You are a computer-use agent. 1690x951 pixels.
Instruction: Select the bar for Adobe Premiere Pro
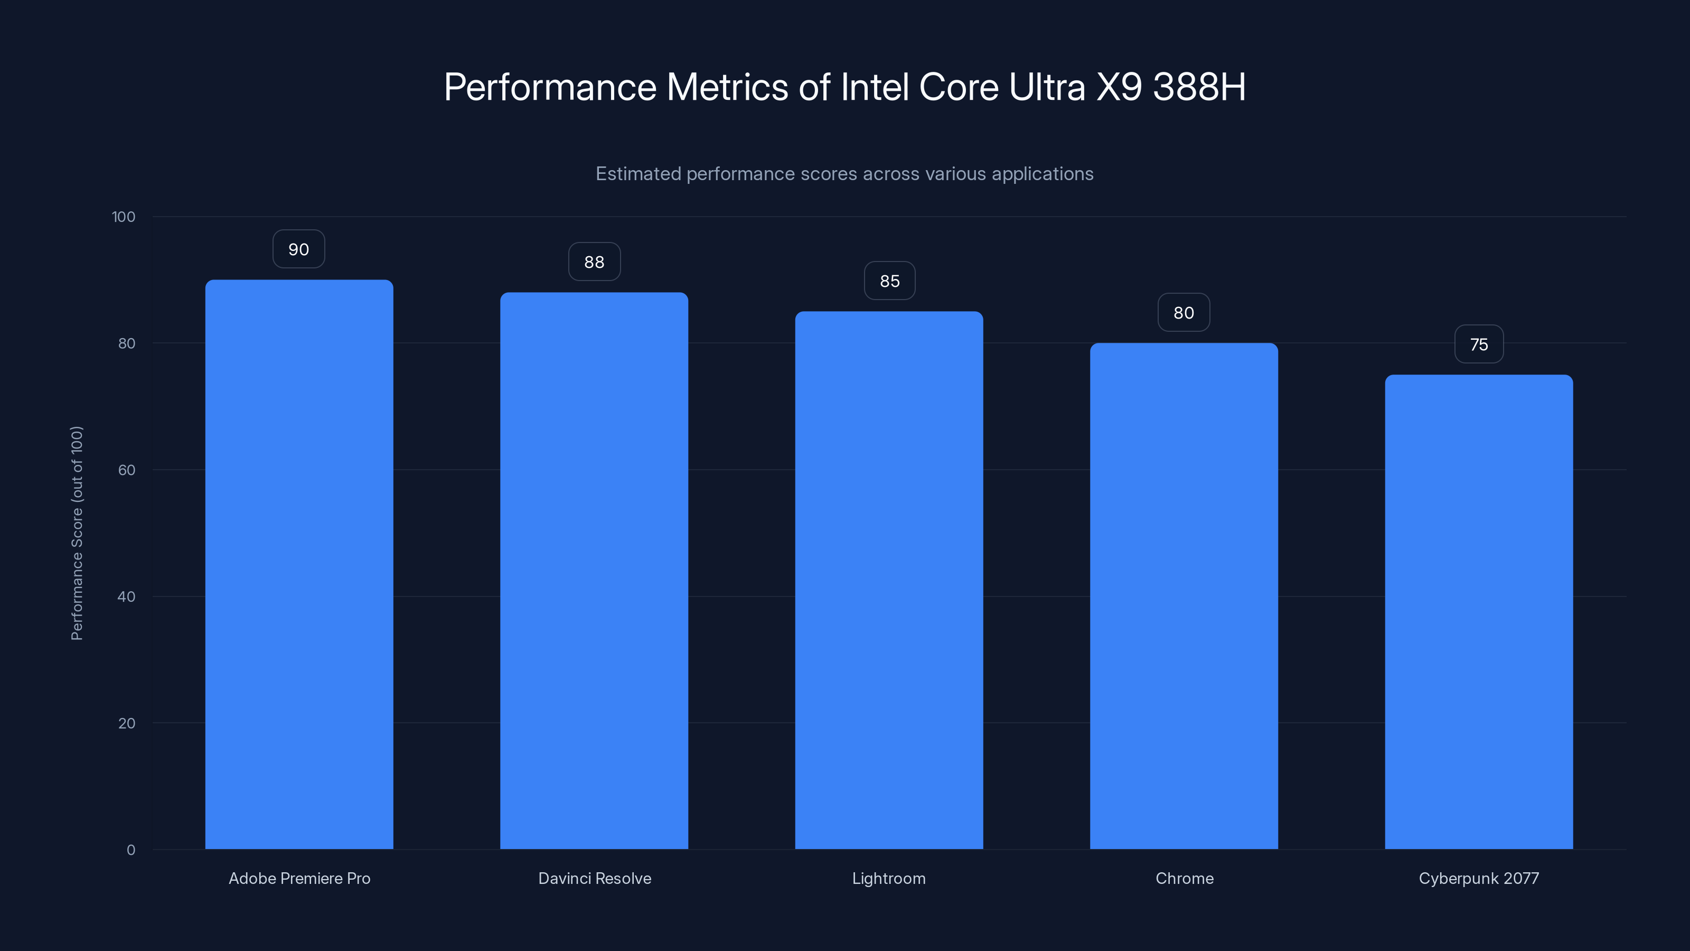(x=299, y=564)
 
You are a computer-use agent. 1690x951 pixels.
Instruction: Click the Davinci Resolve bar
(x=594, y=571)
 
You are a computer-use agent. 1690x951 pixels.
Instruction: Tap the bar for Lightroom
(x=889, y=580)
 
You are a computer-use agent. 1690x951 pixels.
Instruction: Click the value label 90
(x=298, y=249)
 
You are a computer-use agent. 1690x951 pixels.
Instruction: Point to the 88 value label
(x=594, y=262)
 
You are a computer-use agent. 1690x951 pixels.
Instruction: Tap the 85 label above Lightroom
(x=889, y=281)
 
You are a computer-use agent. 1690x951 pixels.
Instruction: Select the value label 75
(x=1479, y=344)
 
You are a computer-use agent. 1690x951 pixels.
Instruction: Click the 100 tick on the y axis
(x=124, y=217)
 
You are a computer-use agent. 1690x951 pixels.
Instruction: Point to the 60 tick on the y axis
(x=127, y=470)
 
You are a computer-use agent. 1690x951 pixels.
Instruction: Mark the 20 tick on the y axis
(x=127, y=723)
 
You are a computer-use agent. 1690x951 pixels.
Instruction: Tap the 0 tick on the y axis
(x=130, y=850)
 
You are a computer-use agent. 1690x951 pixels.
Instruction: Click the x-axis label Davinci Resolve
(x=594, y=878)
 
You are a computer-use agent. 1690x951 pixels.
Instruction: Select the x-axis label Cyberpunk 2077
(x=1479, y=878)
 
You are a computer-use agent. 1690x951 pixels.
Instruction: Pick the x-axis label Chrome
(x=1184, y=878)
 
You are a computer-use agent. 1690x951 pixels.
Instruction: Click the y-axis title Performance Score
(x=77, y=533)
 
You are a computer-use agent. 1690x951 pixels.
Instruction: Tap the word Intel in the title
(x=875, y=87)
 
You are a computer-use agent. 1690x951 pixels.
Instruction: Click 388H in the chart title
(x=1199, y=87)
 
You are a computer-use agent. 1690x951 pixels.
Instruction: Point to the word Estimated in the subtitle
(x=637, y=174)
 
